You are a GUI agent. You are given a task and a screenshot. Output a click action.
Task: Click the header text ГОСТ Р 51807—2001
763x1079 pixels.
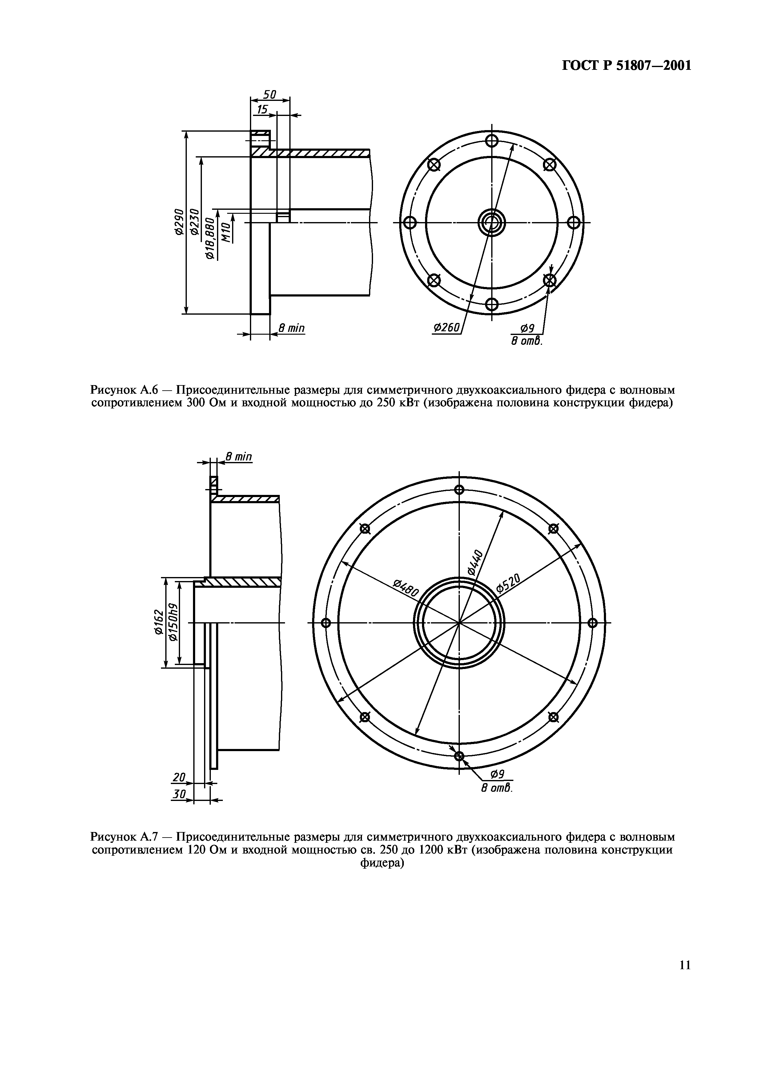pos(627,65)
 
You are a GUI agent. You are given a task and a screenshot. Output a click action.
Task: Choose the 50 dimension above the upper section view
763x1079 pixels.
pos(269,94)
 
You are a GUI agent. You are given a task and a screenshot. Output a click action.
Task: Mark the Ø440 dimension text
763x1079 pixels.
pos(476,562)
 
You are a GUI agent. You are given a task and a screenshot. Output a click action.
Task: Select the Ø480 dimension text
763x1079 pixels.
pos(405,587)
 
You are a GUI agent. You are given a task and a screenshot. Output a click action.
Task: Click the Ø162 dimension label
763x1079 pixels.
pos(159,622)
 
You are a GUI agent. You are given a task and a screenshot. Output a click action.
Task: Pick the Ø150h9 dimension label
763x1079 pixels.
pos(173,622)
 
